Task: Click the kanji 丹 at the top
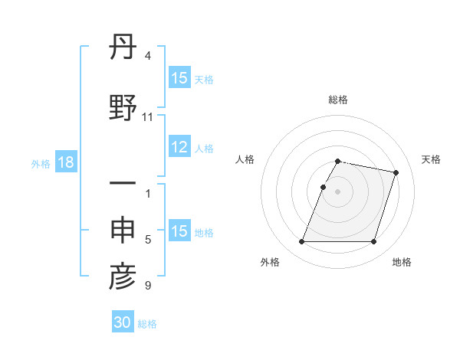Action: coord(123,51)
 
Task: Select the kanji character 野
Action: coord(123,108)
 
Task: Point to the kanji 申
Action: coord(123,231)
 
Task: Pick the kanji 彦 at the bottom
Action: coord(123,277)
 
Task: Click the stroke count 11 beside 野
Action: coord(147,117)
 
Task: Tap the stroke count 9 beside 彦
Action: coord(147,286)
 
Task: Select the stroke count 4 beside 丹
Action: coord(147,56)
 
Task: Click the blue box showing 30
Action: coord(123,323)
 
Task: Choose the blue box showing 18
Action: coord(65,163)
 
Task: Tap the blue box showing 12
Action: coord(179,148)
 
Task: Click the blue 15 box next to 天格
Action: coord(179,79)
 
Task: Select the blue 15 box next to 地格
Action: coord(179,232)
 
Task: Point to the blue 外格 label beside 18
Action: coord(41,164)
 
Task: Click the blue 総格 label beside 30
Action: coord(147,324)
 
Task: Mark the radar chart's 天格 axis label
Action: coord(431,159)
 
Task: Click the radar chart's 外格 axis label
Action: coord(270,262)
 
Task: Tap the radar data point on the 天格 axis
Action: coord(396,173)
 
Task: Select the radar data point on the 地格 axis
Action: coord(373,242)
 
